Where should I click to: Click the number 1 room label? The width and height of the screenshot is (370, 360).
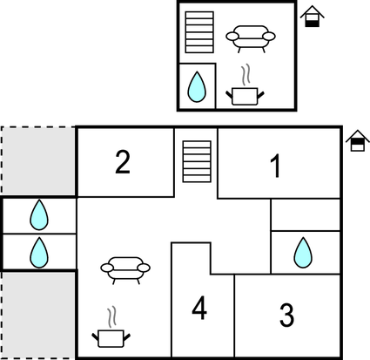click(x=276, y=166)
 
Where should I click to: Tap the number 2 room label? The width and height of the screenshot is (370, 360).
click(x=123, y=162)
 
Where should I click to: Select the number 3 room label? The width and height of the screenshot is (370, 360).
click(x=286, y=314)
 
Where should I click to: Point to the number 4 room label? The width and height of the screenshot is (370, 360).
click(x=200, y=308)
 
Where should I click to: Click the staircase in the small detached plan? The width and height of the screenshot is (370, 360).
click(x=199, y=33)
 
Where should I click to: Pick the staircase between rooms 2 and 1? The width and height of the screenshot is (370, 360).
click(x=197, y=162)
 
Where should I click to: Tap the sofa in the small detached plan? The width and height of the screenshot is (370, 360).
click(x=250, y=37)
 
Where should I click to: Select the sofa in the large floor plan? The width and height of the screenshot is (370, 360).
click(x=124, y=268)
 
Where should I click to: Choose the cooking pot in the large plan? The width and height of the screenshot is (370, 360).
click(x=111, y=336)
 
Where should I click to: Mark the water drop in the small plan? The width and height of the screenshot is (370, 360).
click(x=198, y=86)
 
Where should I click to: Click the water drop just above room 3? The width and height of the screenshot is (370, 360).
click(x=303, y=253)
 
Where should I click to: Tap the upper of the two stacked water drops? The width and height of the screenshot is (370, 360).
click(x=38, y=214)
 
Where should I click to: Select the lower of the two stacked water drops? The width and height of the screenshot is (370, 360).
click(x=38, y=253)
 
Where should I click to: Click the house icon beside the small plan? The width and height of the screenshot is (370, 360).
click(x=312, y=16)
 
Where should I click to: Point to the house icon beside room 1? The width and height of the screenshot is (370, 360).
click(x=357, y=141)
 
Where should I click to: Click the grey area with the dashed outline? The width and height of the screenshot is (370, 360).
click(x=38, y=161)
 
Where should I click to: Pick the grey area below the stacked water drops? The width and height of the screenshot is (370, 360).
click(x=38, y=314)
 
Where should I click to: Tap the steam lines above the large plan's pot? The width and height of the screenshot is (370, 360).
click(x=111, y=316)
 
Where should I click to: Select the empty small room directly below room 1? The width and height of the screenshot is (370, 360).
click(x=305, y=214)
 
